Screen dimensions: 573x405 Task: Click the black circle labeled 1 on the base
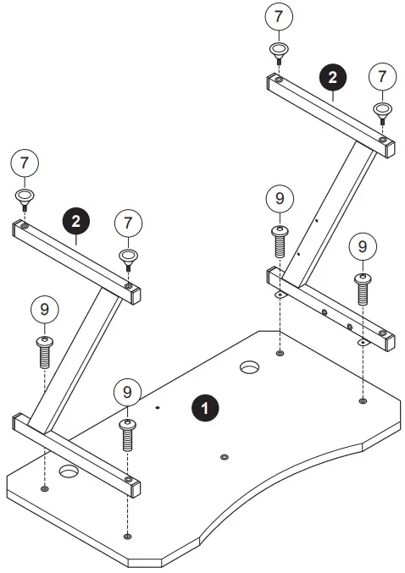(203, 407)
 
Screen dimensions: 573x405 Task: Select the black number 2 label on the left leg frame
(76, 223)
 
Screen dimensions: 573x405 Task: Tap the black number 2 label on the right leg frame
(332, 78)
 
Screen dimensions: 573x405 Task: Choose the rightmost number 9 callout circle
(363, 246)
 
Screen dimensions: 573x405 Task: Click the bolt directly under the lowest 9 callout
(127, 434)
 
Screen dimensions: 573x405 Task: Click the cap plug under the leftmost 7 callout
(23, 200)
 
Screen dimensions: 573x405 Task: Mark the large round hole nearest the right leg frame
(249, 368)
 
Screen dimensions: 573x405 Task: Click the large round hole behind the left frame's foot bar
(68, 470)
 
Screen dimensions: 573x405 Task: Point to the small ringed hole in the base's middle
(224, 457)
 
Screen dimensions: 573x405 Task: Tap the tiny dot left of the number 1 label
(158, 407)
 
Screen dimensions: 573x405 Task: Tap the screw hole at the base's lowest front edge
(127, 536)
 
